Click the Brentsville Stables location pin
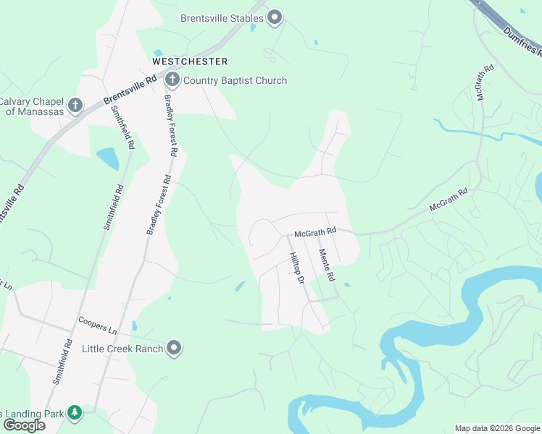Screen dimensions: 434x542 tap(275, 18)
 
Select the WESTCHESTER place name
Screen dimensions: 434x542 tap(190, 61)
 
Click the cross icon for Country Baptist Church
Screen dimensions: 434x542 tap(172, 80)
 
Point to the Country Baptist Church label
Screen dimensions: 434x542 tap(235, 80)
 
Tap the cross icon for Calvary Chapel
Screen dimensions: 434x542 tap(75, 106)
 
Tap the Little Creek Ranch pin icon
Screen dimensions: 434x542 tap(174, 349)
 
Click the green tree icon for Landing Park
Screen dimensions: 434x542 tap(74, 413)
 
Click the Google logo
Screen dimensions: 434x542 tap(24, 425)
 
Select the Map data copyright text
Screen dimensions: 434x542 tap(497, 428)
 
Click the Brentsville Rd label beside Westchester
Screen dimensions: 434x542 tap(130, 90)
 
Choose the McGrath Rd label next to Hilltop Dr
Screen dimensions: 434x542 tap(315, 232)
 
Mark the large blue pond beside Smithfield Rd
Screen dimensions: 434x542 tap(107, 158)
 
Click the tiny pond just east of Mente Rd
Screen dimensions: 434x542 tap(347, 285)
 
